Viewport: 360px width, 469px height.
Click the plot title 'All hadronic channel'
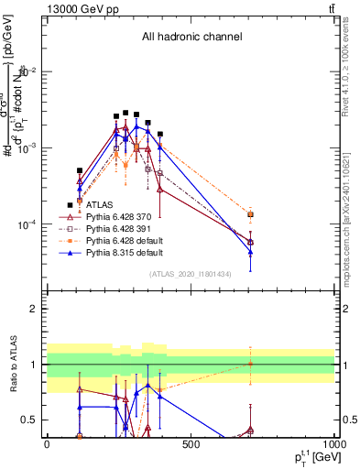[191, 37]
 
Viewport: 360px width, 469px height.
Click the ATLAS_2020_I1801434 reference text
[191, 274]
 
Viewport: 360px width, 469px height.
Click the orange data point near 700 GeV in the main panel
[250, 214]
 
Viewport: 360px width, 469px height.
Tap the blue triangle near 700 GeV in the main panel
[250, 252]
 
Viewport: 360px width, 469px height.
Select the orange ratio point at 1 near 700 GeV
[250, 364]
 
